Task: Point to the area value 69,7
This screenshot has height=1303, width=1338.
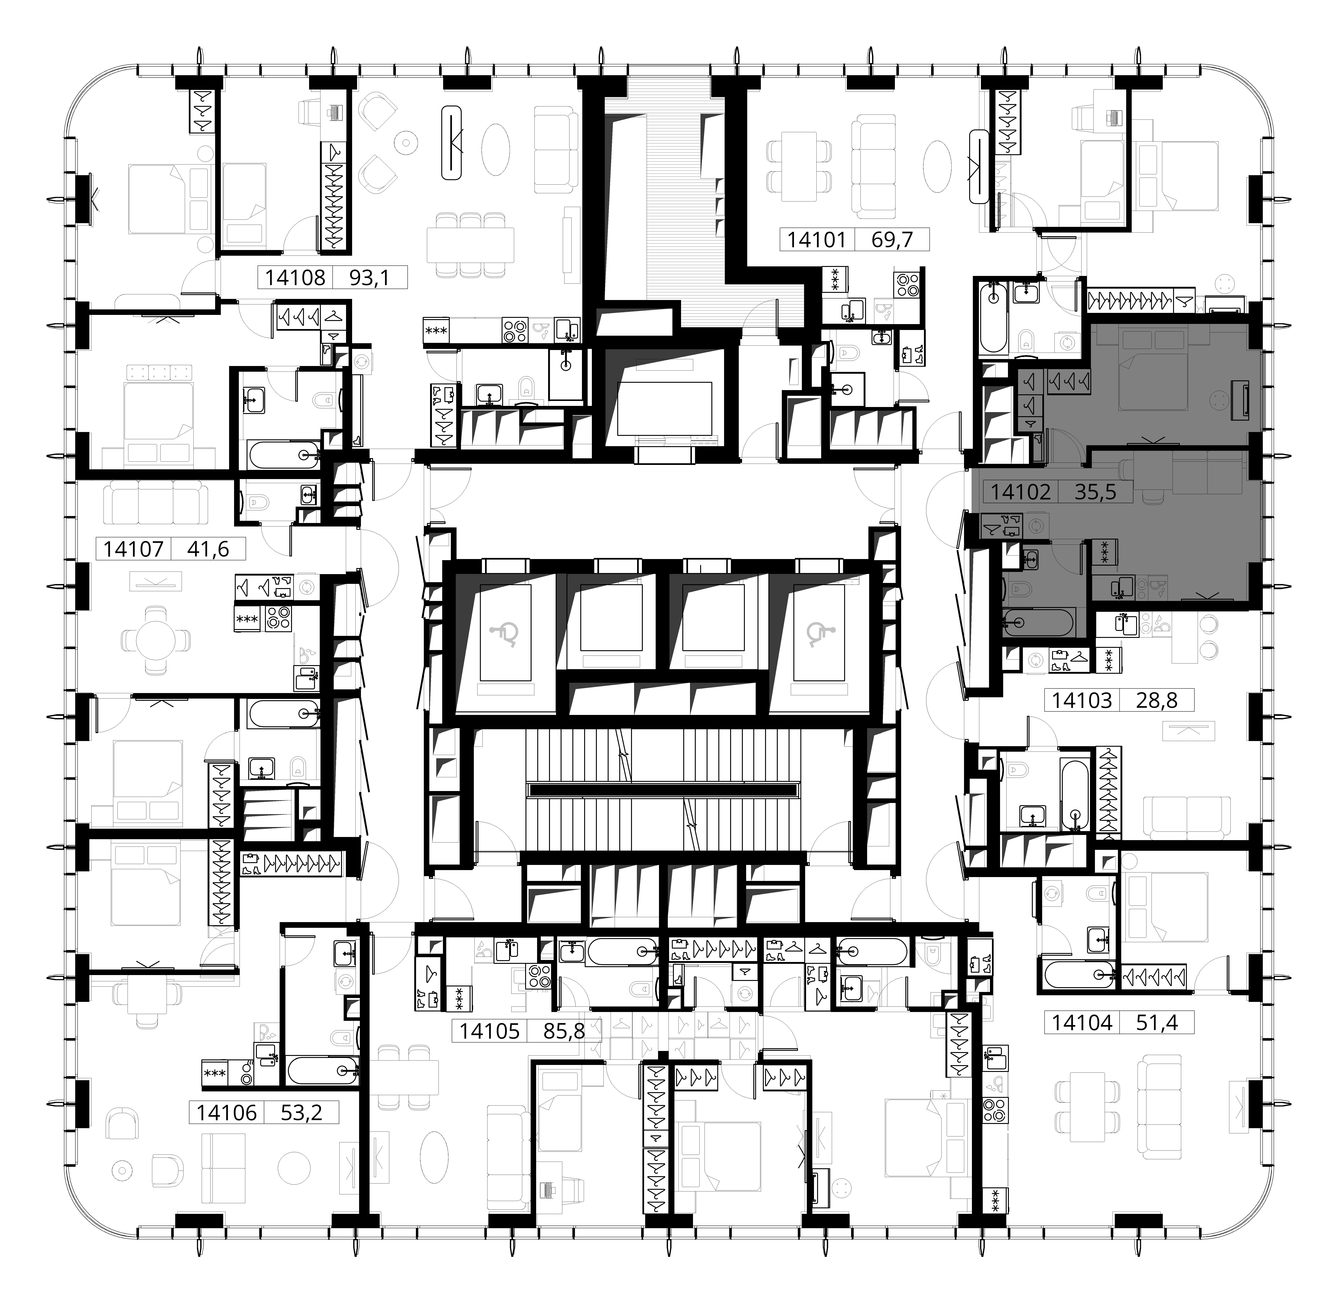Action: (x=892, y=240)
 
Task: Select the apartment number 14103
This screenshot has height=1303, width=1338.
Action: (x=1082, y=700)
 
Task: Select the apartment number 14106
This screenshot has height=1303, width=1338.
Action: (x=227, y=1113)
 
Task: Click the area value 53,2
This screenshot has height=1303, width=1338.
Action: (x=301, y=1113)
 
